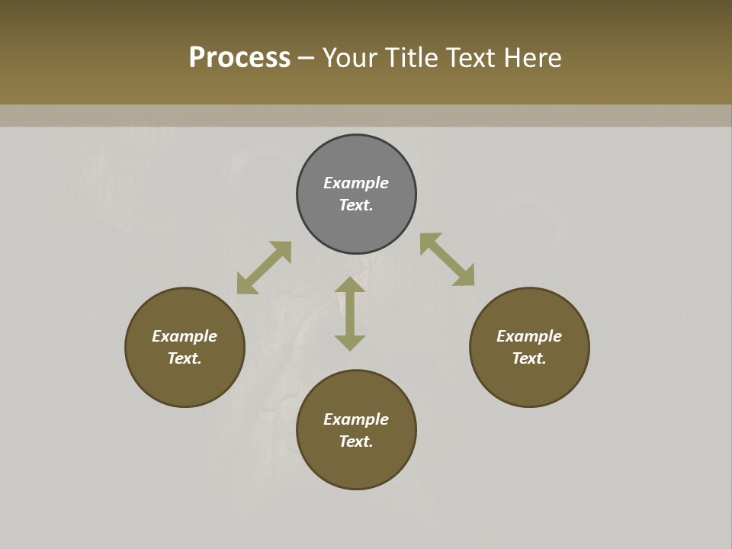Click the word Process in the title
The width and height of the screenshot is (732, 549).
pyautogui.click(x=239, y=58)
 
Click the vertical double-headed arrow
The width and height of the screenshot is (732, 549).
pyautogui.click(x=350, y=313)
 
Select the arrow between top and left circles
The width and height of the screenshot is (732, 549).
pyautogui.click(x=264, y=268)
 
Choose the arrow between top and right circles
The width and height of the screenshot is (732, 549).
pyautogui.click(x=447, y=259)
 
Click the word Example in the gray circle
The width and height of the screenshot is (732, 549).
pyautogui.click(x=356, y=183)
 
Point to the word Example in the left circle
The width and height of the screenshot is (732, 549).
pyautogui.click(x=185, y=336)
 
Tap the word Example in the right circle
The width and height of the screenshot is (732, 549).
pyautogui.click(x=529, y=336)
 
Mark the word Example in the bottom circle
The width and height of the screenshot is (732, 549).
pyautogui.click(x=356, y=419)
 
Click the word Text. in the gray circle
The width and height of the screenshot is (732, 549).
pyautogui.click(x=356, y=205)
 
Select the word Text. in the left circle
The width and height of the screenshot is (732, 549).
pyautogui.click(x=185, y=358)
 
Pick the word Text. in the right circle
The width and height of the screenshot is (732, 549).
pyautogui.click(x=529, y=358)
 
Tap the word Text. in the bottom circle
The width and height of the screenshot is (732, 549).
pyautogui.click(x=356, y=441)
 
